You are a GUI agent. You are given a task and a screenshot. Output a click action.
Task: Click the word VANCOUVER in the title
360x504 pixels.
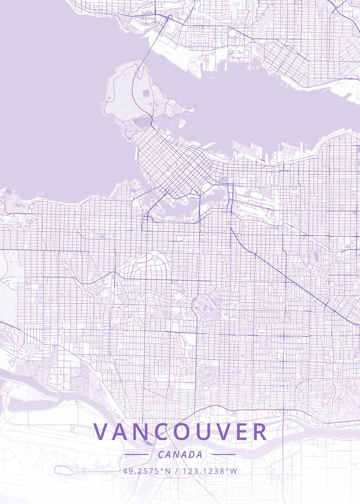coord(180,432)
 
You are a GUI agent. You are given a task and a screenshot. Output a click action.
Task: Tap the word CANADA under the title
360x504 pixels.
coord(180,454)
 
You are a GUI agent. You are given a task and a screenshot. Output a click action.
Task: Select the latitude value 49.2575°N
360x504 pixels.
coord(147,471)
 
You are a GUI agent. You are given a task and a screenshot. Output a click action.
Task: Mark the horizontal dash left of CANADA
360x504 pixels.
coord(136,454)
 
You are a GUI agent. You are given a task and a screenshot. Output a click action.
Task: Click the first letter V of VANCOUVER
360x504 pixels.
coord(101,432)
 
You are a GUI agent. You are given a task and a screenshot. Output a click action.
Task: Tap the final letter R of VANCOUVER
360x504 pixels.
coord(259,432)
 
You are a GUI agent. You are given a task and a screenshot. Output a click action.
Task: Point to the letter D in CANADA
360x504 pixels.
coord(190,454)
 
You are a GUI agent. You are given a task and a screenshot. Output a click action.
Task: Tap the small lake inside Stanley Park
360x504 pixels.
coord(147,93)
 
